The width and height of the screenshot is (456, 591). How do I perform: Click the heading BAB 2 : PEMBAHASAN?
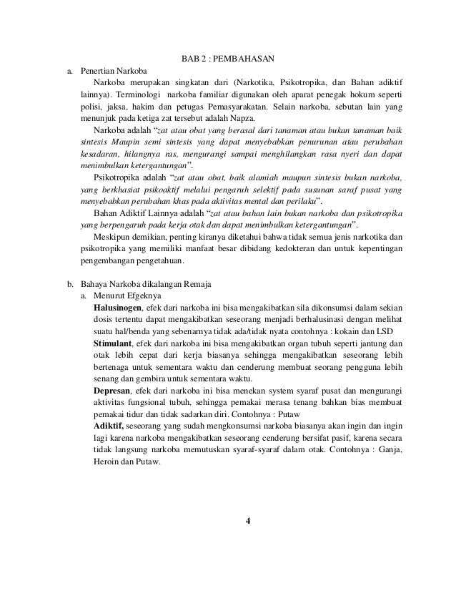point(227,57)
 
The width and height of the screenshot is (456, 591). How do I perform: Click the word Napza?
point(248,118)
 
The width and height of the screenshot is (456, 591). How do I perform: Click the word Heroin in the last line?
point(108,462)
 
